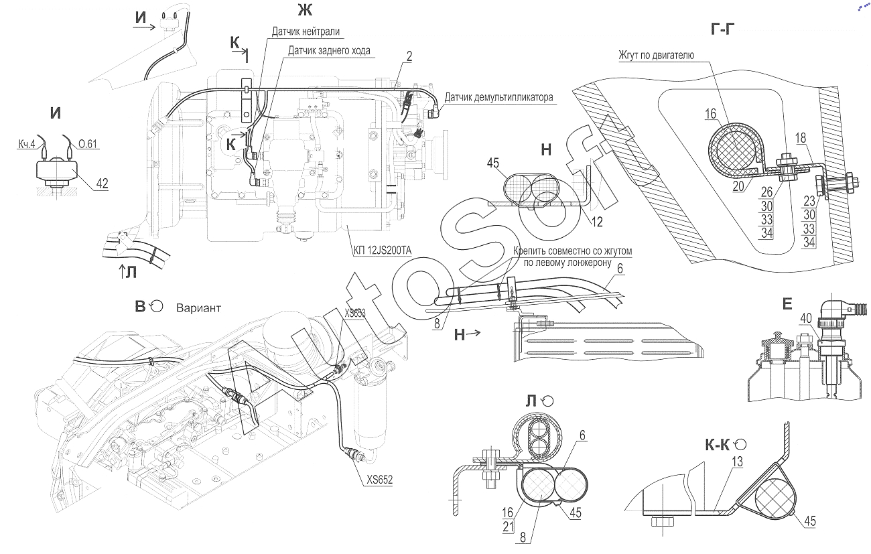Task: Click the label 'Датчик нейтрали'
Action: pos(306,31)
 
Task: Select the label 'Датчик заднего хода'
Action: pos(329,51)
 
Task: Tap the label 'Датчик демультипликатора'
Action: pos(499,97)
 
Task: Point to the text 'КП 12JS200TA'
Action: pos(382,251)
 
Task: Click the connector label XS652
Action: pos(380,480)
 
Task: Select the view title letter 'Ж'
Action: pos(305,9)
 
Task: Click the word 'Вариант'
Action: pos(199,308)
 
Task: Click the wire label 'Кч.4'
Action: pos(26,144)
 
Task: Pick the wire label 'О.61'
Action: pos(88,144)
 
